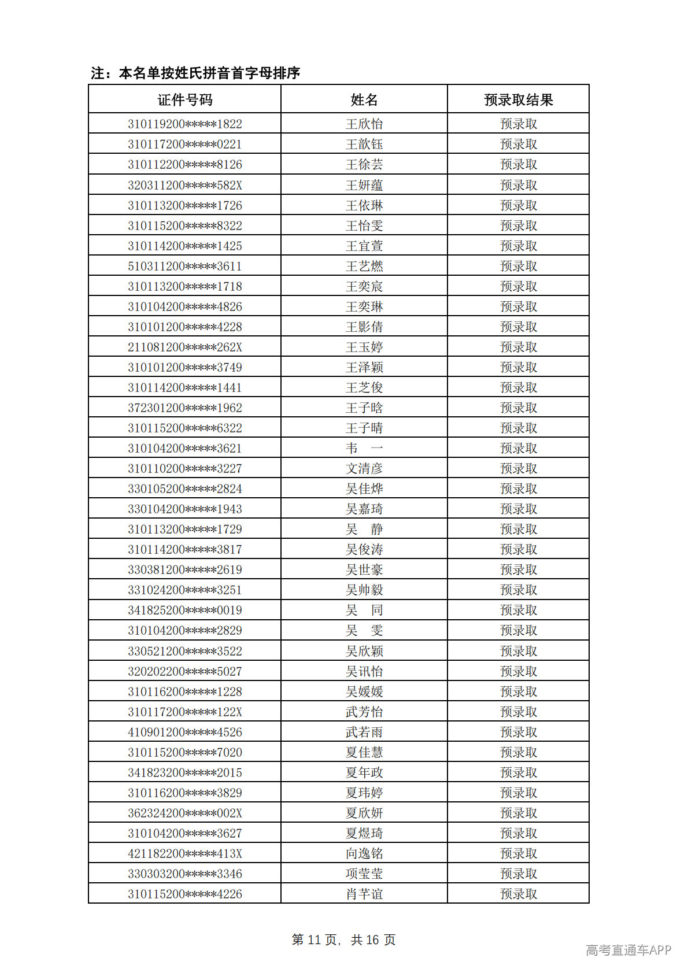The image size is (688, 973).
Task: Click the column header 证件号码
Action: [185, 100]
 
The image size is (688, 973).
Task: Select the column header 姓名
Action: [364, 100]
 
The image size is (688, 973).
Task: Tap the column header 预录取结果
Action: [518, 100]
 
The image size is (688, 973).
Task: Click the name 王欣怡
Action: [364, 124]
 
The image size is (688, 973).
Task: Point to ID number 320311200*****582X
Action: [185, 185]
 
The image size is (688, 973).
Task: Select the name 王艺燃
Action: [364, 266]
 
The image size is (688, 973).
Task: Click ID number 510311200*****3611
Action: [185, 266]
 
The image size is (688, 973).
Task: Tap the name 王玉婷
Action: [364, 347]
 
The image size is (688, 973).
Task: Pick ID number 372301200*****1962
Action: [185, 408]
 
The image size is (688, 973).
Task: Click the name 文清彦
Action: [364, 468]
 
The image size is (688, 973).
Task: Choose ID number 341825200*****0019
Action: [185, 610]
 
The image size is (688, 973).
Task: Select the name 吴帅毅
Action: [364, 590]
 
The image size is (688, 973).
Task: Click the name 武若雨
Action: [364, 732]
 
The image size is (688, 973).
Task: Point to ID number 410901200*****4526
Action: [185, 732]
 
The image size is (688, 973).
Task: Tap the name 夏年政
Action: [364, 772]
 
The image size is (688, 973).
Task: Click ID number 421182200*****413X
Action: [185, 853]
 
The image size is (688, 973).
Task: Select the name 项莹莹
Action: [364, 874]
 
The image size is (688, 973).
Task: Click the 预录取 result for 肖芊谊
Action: [518, 894]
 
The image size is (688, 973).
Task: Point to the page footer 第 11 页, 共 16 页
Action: [343, 939]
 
